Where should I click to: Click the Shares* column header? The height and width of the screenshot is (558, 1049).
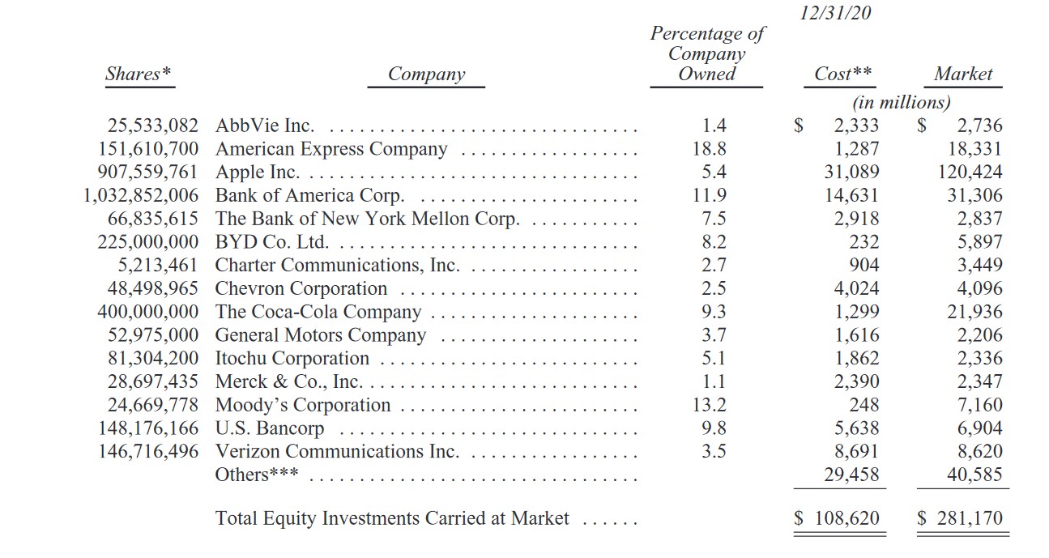pyautogui.click(x=139, y=74)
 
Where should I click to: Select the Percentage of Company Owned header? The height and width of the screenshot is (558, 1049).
pyautogui.click(x=706, y=53)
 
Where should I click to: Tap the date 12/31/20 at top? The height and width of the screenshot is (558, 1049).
pyautogui.click(x=835, y=13)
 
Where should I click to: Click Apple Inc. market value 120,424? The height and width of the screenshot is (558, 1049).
pyautogui.click(x=970, y=172)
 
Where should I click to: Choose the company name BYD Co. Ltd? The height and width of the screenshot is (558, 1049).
pyautogui.click(x=271, y=242)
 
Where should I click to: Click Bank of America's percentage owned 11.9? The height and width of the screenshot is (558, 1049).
pyautogui.click(x=713, y=195)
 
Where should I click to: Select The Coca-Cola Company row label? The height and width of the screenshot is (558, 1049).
pyautogui.click(x=318, y=312)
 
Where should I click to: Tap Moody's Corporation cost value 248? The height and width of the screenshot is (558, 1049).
pyautogui.click(x=864, y=405)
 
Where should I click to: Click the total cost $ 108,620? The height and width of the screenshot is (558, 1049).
pyautogui.click(x=837, y=518)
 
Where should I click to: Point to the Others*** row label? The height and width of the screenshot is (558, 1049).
pyautogui.click(x=256, y=475)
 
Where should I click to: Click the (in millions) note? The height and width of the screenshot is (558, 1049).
pyautogui.click(x=901, y=103)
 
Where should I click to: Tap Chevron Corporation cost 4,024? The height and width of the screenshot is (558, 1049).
pyautogui.click(x=857, y=288)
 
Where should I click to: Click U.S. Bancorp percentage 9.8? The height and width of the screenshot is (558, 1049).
pyautogui.click(x=713, y=428)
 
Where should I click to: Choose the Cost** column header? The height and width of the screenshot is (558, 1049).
pyautogui.click(x=843, y=74)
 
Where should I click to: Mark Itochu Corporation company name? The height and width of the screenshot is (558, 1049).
pyautogui.click(x=292, y=359)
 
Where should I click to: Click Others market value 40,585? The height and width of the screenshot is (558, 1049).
pyautogui.click(x=974, y=475)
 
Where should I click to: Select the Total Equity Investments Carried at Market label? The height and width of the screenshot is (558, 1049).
pyautogui.click(x=392, y=518)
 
